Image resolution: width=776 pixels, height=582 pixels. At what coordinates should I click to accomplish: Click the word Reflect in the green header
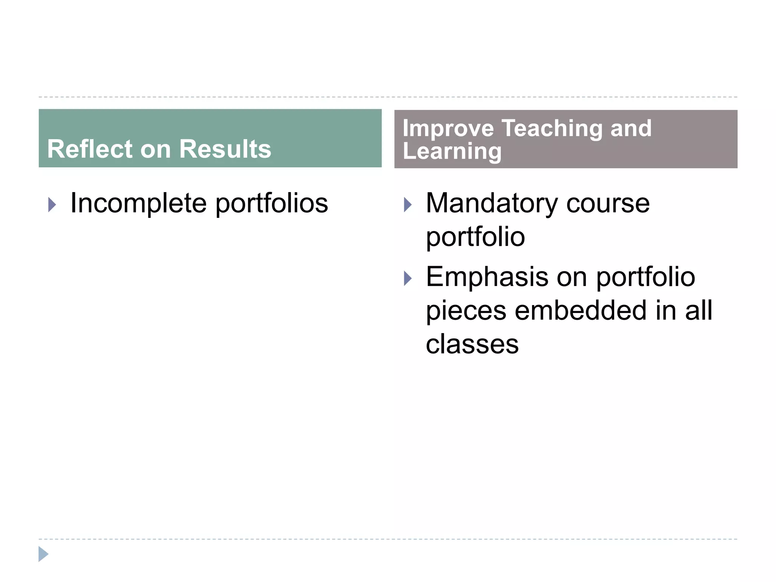(x=90, y=149)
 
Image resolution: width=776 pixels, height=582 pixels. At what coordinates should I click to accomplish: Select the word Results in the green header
(x=225, y=149)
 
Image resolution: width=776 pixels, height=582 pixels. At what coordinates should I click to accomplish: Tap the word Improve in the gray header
(x=448, y=128)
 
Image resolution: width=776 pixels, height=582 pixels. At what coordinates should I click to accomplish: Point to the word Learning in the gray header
(x=452, y=152)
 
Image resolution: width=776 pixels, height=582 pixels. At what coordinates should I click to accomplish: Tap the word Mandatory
(x=492, y=203)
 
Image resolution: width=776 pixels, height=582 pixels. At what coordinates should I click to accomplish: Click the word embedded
(x=580, y=310)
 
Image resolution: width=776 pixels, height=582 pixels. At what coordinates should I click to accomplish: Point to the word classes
(x=472, y=344)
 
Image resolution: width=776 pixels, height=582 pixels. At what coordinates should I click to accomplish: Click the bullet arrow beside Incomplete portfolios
(x=52, y=205)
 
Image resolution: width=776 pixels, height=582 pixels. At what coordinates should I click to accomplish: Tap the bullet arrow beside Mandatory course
(x=408, y=205)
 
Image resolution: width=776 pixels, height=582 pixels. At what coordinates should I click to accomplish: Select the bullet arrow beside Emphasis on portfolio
(x=408, y=278)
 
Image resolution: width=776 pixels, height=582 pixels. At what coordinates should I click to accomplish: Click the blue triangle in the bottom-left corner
(x=43, y=554)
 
